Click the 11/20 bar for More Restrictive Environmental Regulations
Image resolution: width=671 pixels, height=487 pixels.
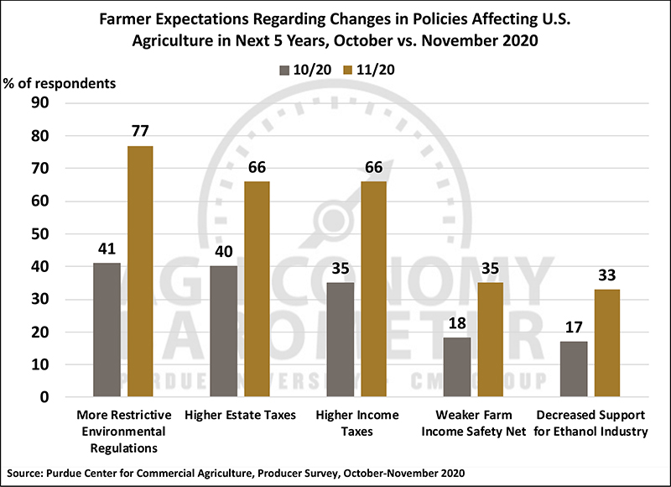click(x=140, y=271)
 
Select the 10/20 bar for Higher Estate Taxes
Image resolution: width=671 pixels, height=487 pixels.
click(x=223, y=331)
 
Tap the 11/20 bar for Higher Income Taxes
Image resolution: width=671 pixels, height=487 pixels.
click(x=373, y=289)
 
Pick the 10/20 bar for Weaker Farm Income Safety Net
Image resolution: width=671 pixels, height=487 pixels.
click(x=456, y=367)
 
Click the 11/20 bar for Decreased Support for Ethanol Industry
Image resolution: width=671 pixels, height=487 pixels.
click(x=607, y=343)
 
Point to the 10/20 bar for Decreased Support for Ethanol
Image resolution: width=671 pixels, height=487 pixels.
click(x=574, y=369)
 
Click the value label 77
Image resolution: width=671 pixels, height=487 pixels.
click(x=140, y=131)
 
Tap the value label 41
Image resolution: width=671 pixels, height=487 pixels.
click(x=107, y=249)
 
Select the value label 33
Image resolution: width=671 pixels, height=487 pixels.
click(x=606, y=275)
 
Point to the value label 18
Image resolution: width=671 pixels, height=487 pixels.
click(x=457, y=323)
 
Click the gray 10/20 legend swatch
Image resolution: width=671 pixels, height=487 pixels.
click(x=284, y=71)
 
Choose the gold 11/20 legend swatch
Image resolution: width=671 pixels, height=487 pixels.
click(x=347, y=71)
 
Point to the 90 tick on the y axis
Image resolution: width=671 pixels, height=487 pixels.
click(x=40, y=102)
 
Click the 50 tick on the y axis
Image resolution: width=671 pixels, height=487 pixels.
click(x=40, y=234)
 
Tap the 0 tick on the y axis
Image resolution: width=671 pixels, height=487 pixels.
click(x=44, y=397)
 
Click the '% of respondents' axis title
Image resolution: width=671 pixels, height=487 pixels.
click(x=60, y=83)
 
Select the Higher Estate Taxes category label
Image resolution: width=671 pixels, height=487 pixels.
click(x=240, y=415)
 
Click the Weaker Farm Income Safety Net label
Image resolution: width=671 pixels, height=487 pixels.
click(x=474, y=423)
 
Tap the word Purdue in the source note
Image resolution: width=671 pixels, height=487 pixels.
click(x=65, y=474)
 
